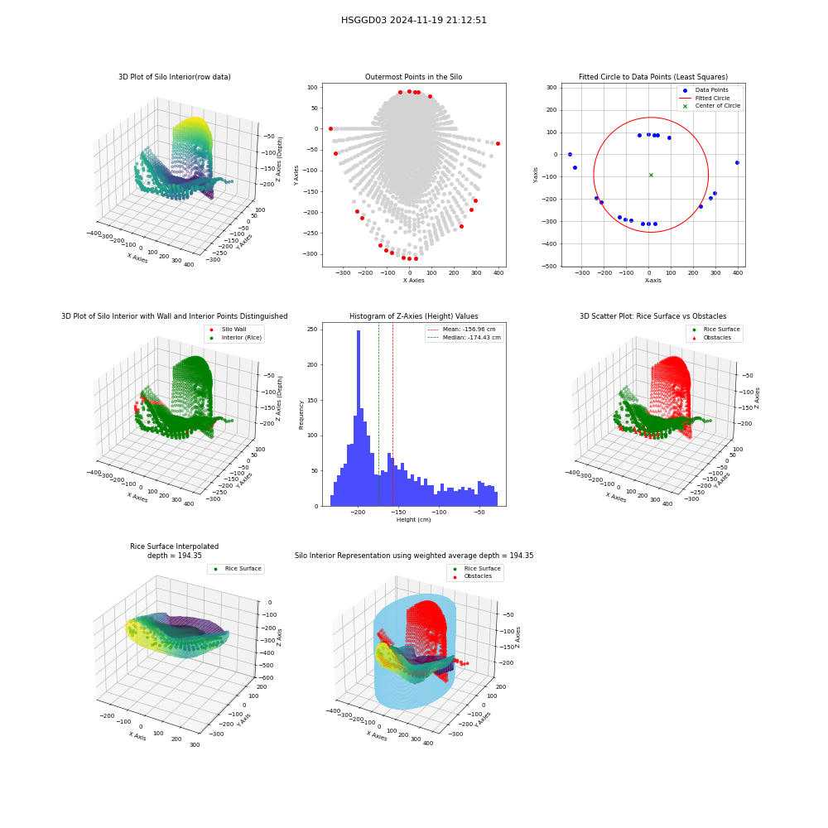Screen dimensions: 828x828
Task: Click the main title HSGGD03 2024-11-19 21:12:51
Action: coord(413,20)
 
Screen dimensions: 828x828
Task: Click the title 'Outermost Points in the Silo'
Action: coord(413,77)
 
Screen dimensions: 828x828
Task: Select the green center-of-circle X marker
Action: coord(651,175)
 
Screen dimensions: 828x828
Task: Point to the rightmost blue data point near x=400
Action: coord(737,162)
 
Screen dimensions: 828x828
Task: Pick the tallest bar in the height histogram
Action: coord(359,418)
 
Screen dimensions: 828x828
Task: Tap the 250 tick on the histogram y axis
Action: coord(313,329)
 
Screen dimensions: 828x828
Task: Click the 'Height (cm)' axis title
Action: coord(413,520)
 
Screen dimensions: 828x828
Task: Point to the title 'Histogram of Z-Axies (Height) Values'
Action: coord(413,316)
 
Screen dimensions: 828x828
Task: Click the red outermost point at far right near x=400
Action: coord(498,143)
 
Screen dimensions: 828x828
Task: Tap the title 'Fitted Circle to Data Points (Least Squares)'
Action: coord(653,77)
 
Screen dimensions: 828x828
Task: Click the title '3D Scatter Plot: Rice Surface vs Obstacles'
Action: coord(653,316)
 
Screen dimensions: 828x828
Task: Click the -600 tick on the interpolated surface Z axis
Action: coord(266,677)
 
